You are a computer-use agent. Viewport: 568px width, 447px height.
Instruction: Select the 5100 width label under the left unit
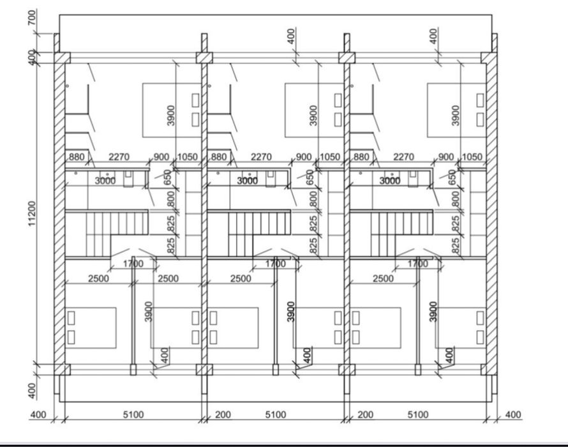click(x=133, y=415)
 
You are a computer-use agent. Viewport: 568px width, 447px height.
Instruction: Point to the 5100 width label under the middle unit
click(x=275, y=415)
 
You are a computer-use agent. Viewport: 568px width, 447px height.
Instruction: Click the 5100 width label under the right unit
click(x=418, y=415)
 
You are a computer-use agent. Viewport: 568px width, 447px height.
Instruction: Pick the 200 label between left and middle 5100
click(x=223, y=415)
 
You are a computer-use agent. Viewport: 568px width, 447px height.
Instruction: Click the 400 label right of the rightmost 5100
click(x=512, y=415)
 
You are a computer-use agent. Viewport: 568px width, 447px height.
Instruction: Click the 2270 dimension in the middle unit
click(x=261, y=157)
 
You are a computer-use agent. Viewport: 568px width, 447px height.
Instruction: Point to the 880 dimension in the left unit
click(x=76, y=157)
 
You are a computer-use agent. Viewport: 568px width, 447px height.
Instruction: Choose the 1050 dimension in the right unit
click(x=472, y=157)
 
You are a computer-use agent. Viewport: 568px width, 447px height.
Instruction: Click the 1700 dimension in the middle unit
click(x=276, y=263)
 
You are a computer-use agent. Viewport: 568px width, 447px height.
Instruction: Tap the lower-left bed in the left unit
click(x=91, y=328)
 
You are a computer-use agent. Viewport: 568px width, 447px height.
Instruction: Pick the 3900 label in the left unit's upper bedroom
click(x=170, y=116)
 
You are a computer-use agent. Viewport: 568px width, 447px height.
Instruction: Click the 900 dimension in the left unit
click(x=161, y=157)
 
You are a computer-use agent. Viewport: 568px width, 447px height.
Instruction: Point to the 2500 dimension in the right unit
click(x=384, y=279)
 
